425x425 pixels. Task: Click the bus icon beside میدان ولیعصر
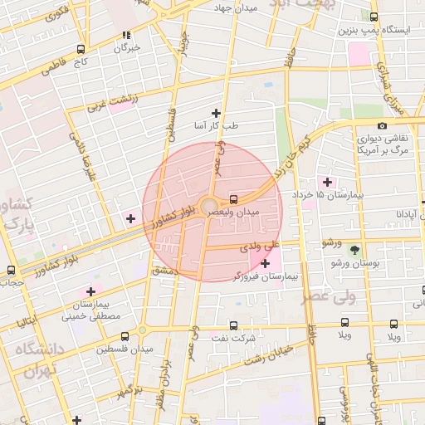coord(233,199)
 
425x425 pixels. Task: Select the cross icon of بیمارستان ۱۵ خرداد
coord(327,182)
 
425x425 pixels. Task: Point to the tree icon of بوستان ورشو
coord(355,250)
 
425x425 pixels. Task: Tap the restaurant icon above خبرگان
coord(126,35)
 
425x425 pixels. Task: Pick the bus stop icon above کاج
coord(80,49)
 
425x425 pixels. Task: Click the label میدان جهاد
coord(236,7)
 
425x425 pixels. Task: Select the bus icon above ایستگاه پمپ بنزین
coord(374,17)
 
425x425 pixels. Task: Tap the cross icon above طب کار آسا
coord(217,113)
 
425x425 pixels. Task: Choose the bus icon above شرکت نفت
coord(232,325)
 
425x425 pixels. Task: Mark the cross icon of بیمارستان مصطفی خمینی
coord(90,291)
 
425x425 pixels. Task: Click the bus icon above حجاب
coord(11,271)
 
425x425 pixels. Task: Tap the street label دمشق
coord(165,270)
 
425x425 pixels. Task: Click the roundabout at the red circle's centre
coord(208,206)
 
